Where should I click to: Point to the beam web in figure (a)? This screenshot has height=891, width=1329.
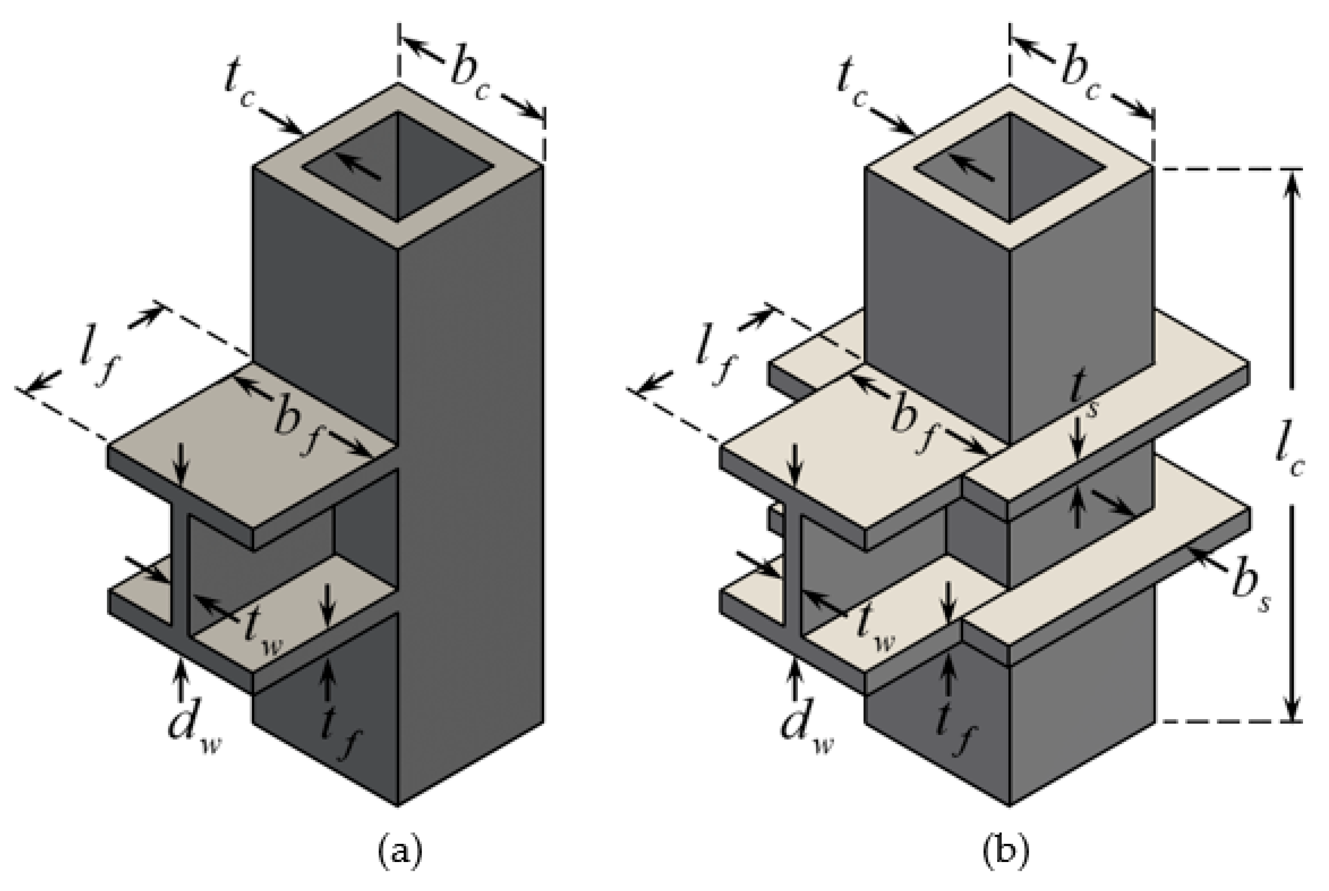click(x=180, y=568)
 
